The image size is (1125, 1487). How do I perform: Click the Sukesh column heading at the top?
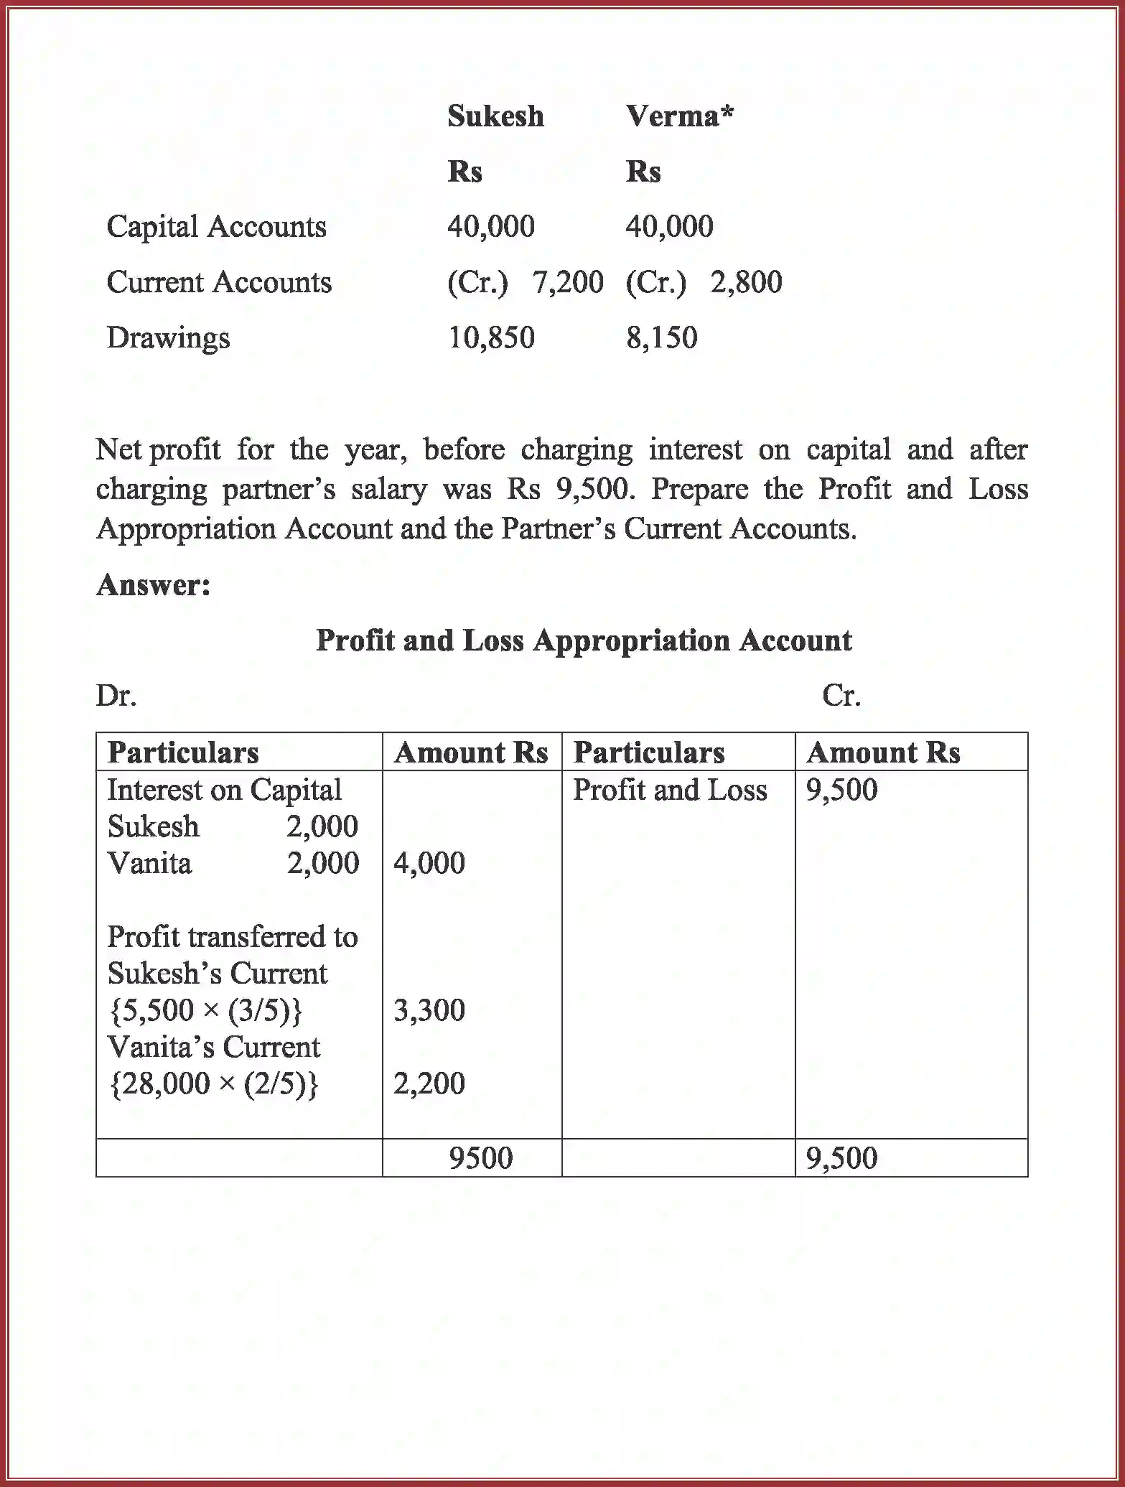pyautogui.click(x=495, y=116)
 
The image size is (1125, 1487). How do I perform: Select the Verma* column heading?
pyautogui.click(x=679, y=116)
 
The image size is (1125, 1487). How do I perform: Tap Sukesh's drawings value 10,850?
pyautogui.click(x=491, y=337)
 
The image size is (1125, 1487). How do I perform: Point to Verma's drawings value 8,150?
pyautogui.click(x=661, y=337)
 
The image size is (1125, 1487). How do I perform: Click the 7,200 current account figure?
pyautogui.click(x=567, y=282)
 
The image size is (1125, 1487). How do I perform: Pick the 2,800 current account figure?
pyautogui.click(x=746, y=282)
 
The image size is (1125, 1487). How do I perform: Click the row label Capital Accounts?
pyautogui.click(x=216, y=227)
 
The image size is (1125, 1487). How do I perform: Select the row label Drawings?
pyautogui.click(x=168, y=337)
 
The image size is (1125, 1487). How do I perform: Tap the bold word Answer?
pyautogui.click(x=154, y=584)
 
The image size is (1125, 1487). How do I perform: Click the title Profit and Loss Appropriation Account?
pyautogui.click(x=584, y=640)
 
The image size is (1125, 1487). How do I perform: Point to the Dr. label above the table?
pyautogui.click(x=116, y=695)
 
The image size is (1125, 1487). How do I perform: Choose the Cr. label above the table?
pyautogui.click(x=841, y=695)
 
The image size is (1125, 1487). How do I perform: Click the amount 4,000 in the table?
pyautogui.click(x=429, y=863)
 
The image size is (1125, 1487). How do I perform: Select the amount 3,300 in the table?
pyautogui.click(x=429, y=1010)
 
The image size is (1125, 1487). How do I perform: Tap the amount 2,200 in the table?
pyautogui.click(x=429, y=1083)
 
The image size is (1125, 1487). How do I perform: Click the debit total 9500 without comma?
pyautogui.click(x=480, y=1158)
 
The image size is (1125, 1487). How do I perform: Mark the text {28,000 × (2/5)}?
pyautogui.click(x=213, y=1083)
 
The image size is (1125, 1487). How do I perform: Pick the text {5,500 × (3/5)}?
pyautogui.click(x=205, y=1010)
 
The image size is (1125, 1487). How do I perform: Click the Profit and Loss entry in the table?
pyautogui.click(x=669, y=790)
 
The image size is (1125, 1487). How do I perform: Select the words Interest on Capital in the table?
pyautogui.click(x=224, y=790)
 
